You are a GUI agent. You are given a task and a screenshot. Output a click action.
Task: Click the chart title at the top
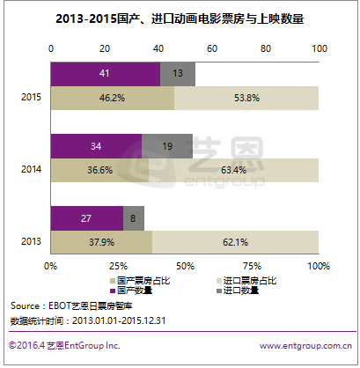pyautogui.click(x=180, y=19)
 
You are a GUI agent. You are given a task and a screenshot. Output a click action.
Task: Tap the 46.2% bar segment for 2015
pyautogui.click(x=112, y=99)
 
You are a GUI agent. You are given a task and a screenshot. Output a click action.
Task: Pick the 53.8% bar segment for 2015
pyautogui.click(x=246, y=99)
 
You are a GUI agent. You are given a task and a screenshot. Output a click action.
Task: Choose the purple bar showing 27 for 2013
pyautogui.click(x=86, y=217)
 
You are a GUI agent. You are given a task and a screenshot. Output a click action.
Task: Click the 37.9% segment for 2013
pyautogui.click(x=101, y=241)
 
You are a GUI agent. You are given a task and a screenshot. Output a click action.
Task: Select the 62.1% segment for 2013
pyautogui.click(x=235, y=241)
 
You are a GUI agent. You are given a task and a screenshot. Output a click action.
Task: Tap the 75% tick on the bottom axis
pyautogui.click(x=252, y=265)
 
